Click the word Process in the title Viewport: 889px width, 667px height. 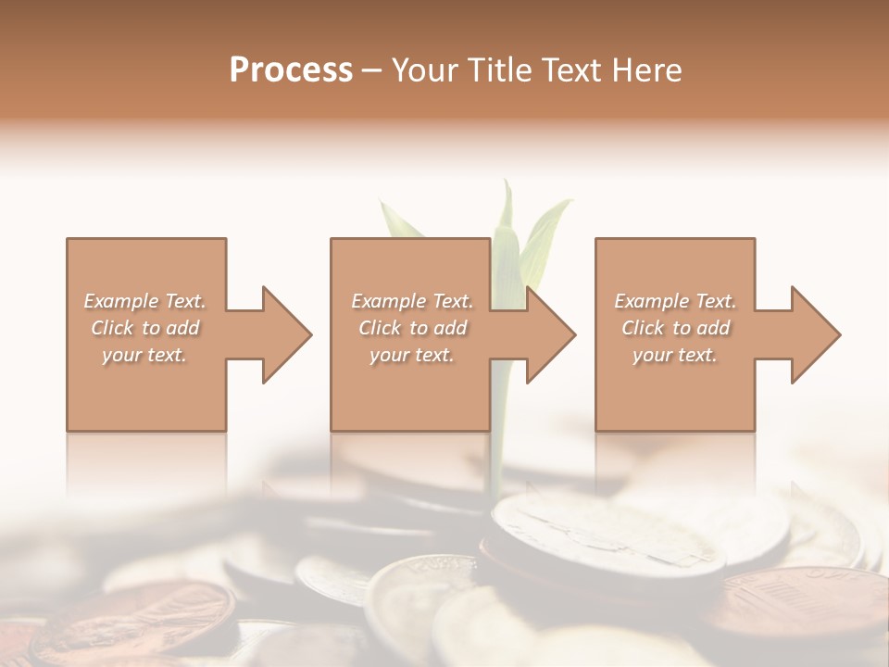click(x=291, y=70)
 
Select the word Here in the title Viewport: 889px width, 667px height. click(x=647, y=70)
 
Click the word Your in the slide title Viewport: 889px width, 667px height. click(x=428, y=70)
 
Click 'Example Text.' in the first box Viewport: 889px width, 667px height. click(x=144, y=301)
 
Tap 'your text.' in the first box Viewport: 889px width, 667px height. click(x=144, y=355)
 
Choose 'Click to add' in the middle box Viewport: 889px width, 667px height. click(x=412, y=328)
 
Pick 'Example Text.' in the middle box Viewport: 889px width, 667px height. click(x=412, y=301)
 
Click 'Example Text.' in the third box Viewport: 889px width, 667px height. click(x=675, y=301)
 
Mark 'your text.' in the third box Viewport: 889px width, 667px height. click(x=675, y=355)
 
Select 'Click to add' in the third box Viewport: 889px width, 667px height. click(x=675, y=328)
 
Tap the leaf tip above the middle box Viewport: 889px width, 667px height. click(x=507, y=185)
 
